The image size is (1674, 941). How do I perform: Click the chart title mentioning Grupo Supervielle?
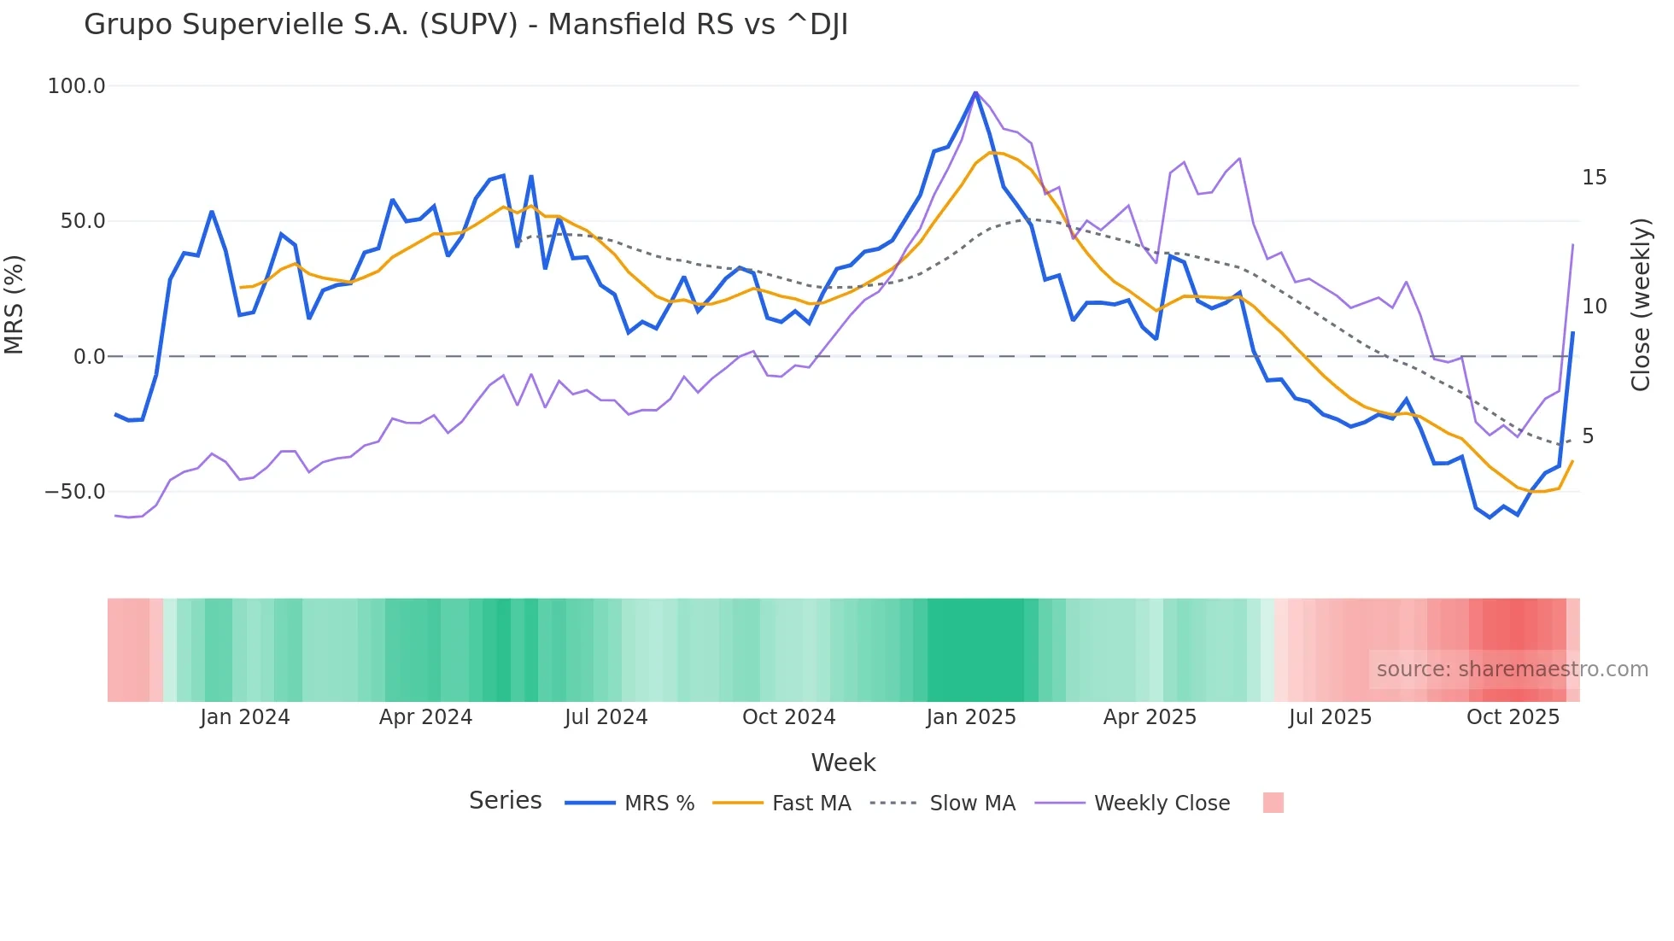[x=465, y=25]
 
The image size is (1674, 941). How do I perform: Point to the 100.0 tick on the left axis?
[x=76, y=86]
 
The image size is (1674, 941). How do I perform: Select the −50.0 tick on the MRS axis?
[x=75, y=492]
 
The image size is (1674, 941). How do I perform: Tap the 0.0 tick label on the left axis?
[x=89, y=357]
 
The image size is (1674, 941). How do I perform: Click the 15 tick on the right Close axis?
[x=1594, y=178]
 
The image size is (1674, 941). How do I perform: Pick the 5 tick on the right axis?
[x=1588, y=436]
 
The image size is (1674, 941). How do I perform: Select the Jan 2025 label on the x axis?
[x=971, y=717]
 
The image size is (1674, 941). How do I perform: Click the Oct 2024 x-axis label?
[x=788, y=717]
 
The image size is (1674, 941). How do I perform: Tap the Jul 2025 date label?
[x=1330, y=717]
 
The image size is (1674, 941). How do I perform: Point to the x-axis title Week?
[x=843, y=763]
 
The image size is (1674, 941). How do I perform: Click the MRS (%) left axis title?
[x=15, y=304]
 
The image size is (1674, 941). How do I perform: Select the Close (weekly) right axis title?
[x=1641, y=305]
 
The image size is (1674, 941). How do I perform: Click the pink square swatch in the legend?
[x=1273, y=803]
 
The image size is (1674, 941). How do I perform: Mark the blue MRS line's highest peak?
[x=975, y=92]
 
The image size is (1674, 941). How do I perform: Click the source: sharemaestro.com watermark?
[x=1512, y=669]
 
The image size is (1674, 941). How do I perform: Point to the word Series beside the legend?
[x=505, y=801]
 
